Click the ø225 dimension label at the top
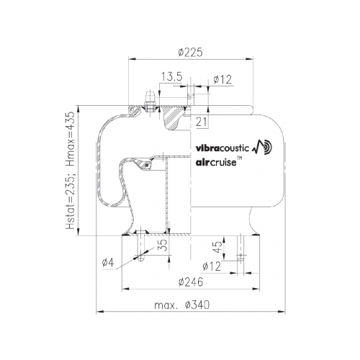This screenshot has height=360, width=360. tap(191, 52)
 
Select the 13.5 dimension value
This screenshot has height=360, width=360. tap(172, 77)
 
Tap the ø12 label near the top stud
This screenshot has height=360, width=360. tap(222, 79)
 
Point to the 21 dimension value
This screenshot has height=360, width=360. tap(201, 122)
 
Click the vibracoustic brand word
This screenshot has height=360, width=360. tap(222, 148)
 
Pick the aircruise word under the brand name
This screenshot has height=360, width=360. tap(216, 163)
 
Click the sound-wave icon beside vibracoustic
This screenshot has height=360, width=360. tap(262, 147)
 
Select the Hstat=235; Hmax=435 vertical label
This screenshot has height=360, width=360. tap(71, 170)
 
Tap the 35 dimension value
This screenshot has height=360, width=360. tap(163, 245)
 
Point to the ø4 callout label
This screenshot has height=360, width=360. tap(107, 264)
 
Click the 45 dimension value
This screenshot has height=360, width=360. tap(217, 247)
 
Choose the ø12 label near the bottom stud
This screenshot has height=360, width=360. tap(212, 266)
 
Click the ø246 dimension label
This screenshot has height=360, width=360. tap(191, 282)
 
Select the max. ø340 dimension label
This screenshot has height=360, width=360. tap(182, 305)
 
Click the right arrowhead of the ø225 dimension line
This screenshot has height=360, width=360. tap(250, 59)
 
